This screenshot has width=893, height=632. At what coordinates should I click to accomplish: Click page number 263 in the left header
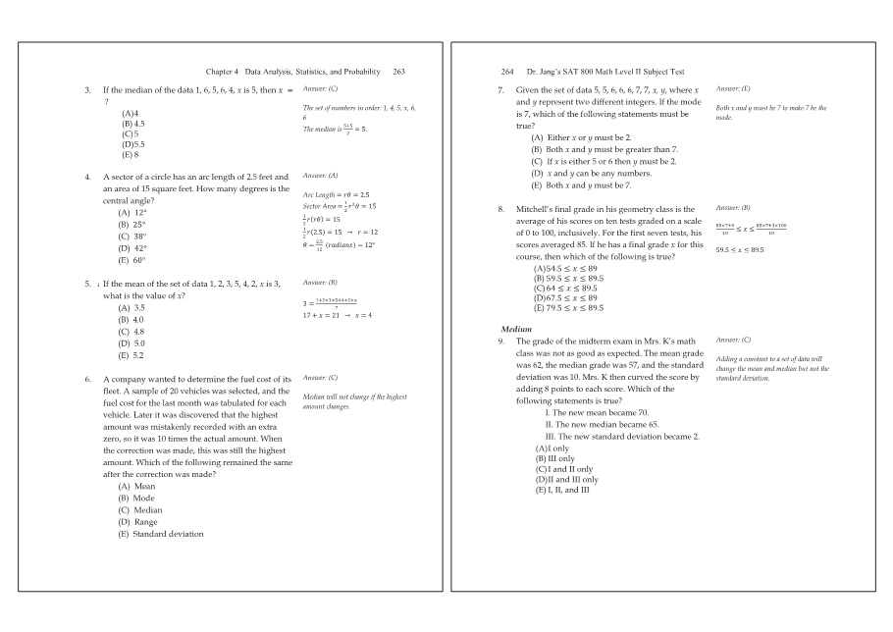coord(398,72)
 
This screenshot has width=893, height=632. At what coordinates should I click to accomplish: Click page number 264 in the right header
coord(507,72)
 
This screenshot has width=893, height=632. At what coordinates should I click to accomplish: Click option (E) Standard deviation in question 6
coord(161,534)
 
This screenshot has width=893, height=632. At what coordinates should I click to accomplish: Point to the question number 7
coord(501,90)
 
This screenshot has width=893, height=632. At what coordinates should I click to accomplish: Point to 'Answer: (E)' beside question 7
coord(734,88)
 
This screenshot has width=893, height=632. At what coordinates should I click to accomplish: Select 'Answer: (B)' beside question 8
coord(733,208)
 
